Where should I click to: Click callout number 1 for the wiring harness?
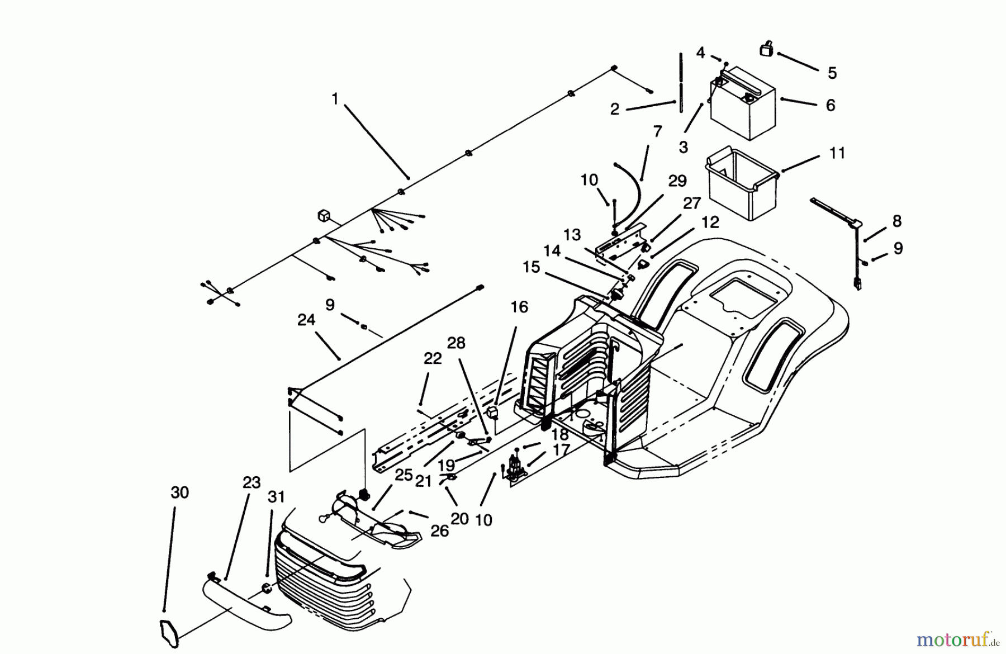(335, 99)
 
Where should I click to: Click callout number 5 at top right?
(832, 73)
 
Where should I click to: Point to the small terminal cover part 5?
(766, 49)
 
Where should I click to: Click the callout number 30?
(179, 493)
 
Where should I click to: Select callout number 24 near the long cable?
(306, 320)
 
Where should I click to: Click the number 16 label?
(519, 307)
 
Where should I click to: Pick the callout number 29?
(677, 181)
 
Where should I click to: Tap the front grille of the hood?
(324, 581)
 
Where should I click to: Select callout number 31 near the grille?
(276, 497)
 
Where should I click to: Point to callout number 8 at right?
(896, 221)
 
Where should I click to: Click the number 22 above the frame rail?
(433, 359)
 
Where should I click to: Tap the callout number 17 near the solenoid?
(561, 449)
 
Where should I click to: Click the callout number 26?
(439, 530)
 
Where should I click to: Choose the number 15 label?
(531, 267)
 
